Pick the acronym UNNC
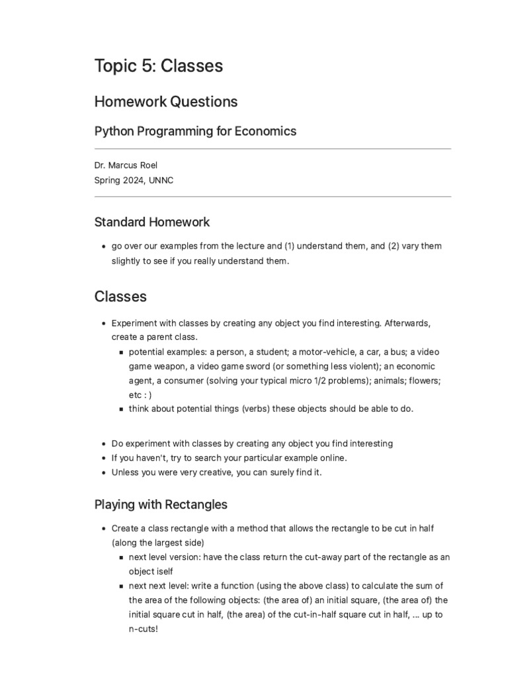[162, 180]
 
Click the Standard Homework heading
[152, 221]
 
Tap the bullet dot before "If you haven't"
[104, 458]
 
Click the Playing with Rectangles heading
[161, 504]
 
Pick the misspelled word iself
[162, 571]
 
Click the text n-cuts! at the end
[144, 629]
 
